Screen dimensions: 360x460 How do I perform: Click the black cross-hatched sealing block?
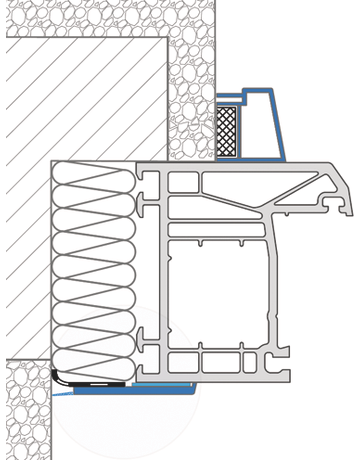[x=227, y=131]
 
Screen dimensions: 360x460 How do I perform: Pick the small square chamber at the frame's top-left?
[x=183, y=183]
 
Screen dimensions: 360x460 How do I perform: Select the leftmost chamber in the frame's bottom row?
[x=183, y=362]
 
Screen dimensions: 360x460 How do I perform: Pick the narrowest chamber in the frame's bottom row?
[x=250, y=362]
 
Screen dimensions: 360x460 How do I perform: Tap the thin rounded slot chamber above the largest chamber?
[x=215, y=230]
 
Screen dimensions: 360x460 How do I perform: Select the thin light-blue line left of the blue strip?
[x=62, y=393]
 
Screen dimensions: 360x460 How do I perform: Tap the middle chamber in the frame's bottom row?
[x=220, y=362]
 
